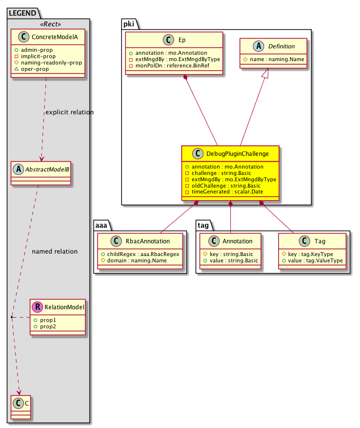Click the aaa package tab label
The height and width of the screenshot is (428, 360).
[x=101, y=224]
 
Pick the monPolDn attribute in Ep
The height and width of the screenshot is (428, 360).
[x=161, y=65]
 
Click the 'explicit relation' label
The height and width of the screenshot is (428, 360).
[x=69, y=112]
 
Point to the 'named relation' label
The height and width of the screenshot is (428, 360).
[x=54, y=252]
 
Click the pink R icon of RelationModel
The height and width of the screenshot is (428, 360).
[x=37, y=307]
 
